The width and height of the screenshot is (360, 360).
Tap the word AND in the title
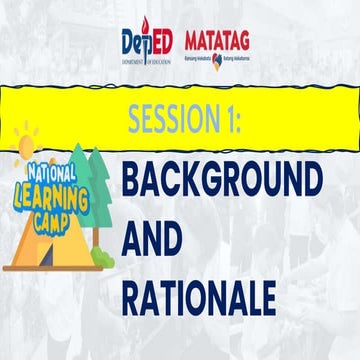point(151,240)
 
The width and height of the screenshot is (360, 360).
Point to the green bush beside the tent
point(102,256)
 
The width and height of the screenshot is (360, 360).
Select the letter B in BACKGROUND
point(133,183)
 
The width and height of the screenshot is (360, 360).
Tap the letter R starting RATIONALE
point(133,296)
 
